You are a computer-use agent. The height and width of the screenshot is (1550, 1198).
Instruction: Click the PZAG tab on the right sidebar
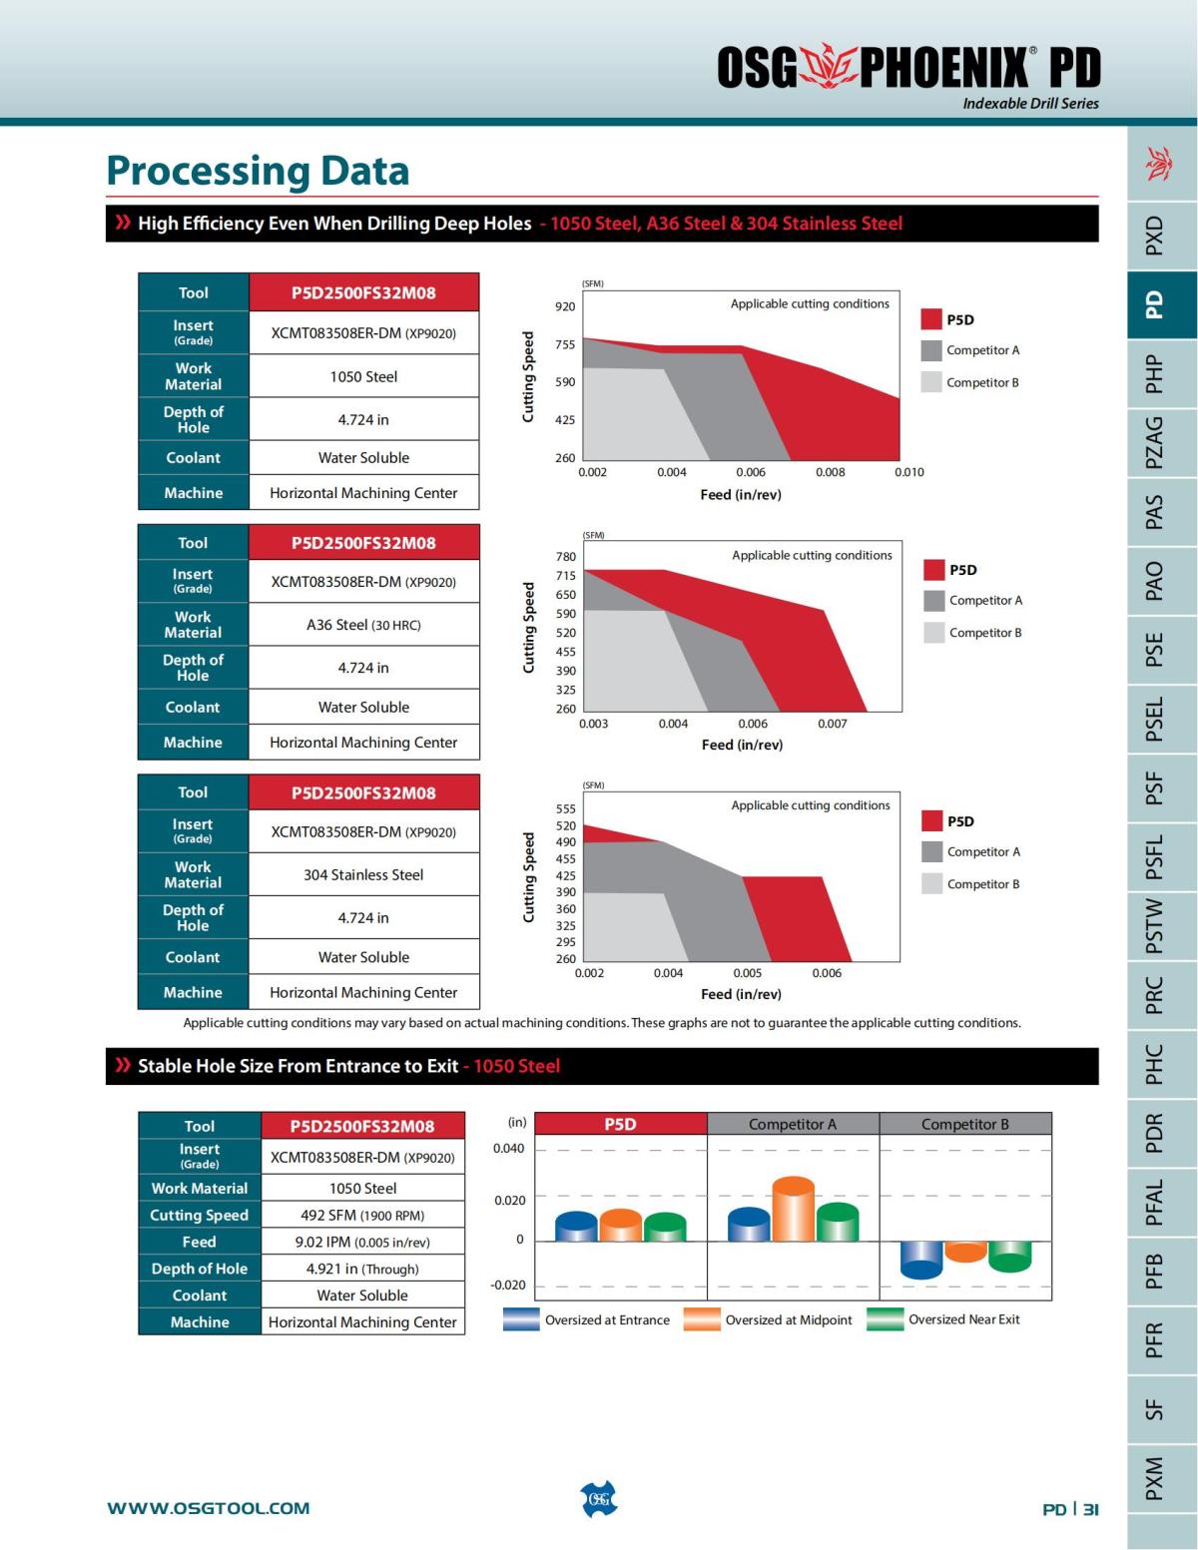(x=1154, y=442)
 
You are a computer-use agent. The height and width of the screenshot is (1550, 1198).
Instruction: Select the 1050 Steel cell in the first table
(x=363, y=376)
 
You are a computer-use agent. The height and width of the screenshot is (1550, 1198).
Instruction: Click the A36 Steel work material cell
(x=363, y=625)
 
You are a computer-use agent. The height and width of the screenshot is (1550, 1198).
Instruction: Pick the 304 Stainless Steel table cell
(x=363, y=874)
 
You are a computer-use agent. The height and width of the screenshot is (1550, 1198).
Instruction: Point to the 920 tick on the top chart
(x=565, y=306)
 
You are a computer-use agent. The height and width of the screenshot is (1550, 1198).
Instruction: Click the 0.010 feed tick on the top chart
(x=908, y=472)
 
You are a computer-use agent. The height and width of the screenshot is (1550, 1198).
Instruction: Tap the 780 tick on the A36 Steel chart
(x=566, y=557)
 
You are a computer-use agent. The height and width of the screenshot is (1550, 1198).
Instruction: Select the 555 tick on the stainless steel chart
(x=566, y=808)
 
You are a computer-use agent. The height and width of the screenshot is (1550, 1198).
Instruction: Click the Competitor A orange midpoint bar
(x=794, y=1210)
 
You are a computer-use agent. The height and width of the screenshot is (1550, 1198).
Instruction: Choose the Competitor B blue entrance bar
(x=921, y=1259)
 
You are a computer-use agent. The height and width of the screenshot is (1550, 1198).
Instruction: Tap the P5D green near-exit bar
(x=665, y=1228)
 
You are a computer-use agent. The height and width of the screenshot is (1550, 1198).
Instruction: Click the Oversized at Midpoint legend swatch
(x=702, y=1319)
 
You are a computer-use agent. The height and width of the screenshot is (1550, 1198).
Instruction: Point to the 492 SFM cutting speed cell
(x=362, y=1215)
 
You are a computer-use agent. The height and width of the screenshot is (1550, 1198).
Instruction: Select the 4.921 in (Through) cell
(x=362, y=1269)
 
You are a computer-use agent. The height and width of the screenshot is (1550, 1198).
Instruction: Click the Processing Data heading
(x=258, y=171)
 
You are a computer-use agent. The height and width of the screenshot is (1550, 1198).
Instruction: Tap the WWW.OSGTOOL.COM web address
(x=209, y=1508)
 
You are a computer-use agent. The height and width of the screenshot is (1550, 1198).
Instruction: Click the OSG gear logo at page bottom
(x=599, y=1499)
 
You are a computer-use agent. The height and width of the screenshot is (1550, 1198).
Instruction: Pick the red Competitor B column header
(x=964, y=1124)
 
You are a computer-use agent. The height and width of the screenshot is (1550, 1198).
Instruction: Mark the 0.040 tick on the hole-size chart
(x=508, y=1149)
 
